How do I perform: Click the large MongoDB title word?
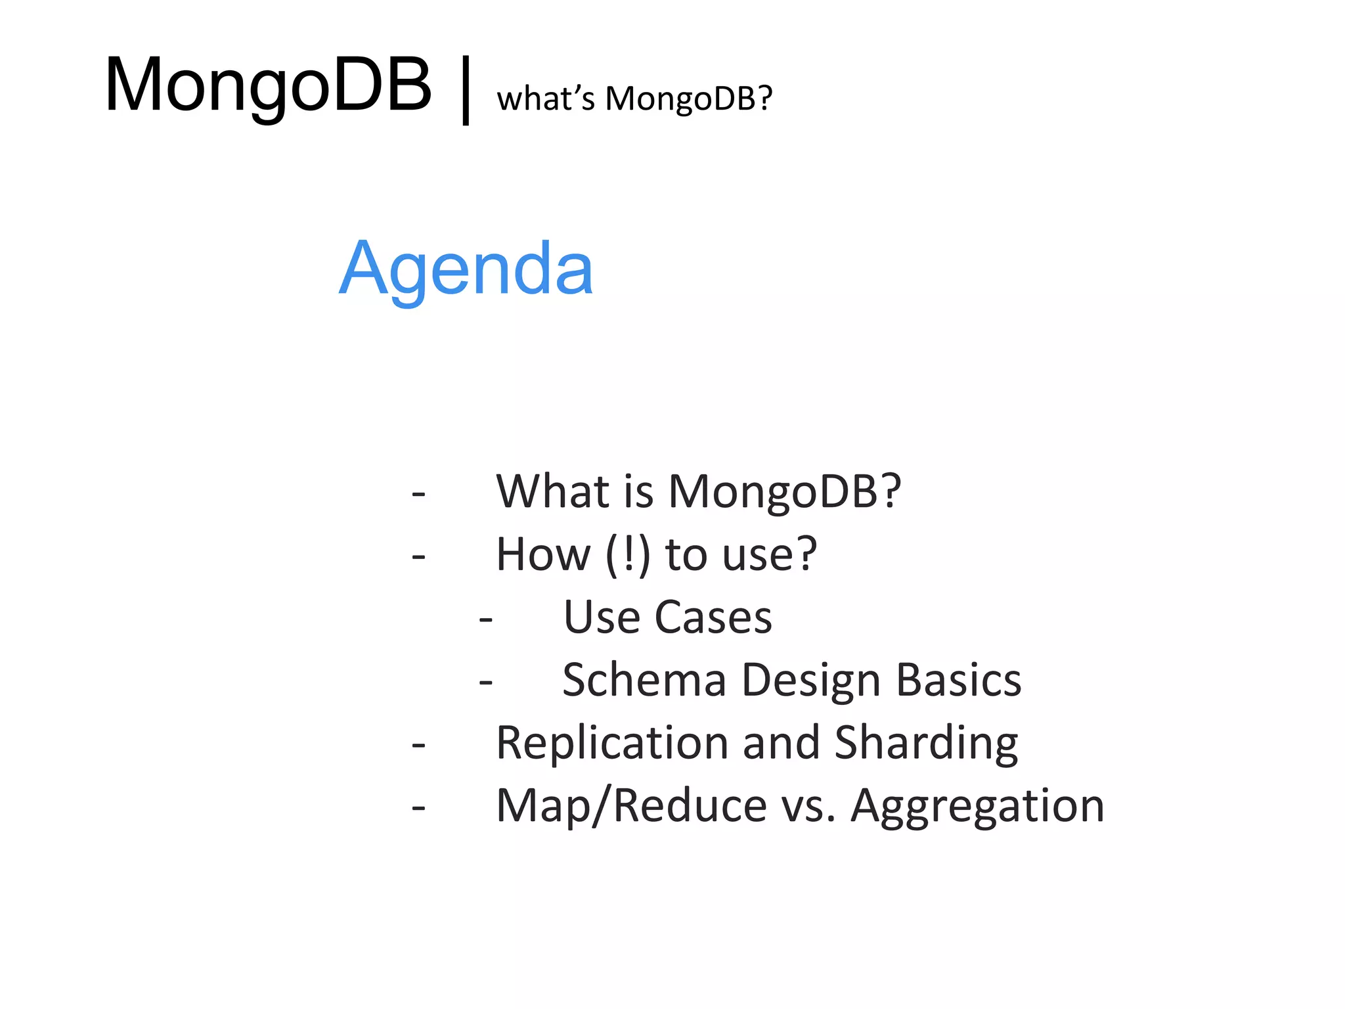click(x=268, y=85)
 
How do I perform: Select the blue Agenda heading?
click(x=466, y=268)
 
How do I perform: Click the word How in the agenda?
click(x=543, y=554)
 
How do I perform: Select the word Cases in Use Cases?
click(x=714, y=617)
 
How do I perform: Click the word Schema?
click(x=644, y=680)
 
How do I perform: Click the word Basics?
click(x=959, y=680)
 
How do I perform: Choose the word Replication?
click(x=611, y=744)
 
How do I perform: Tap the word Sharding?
click(x=926, y=744)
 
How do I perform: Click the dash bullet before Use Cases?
click(x=485, y=619)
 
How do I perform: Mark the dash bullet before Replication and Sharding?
click(x=418, y=745)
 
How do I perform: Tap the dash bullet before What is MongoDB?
click(x=418, y=493)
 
